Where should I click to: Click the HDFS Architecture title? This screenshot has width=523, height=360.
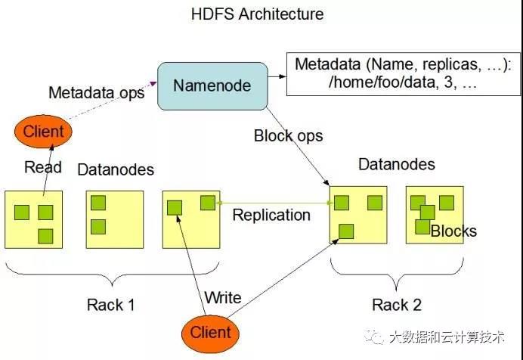(257, 14)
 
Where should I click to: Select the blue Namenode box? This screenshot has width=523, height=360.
(212, 86)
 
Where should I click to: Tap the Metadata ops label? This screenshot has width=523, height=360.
(97, 92)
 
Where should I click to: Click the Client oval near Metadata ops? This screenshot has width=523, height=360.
(43, 131)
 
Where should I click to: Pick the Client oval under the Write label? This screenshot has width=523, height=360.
(210, 333)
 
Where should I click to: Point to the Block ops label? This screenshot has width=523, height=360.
(289, 136)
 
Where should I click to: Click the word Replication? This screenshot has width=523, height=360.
(271, 216)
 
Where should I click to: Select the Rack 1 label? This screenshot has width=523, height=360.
(111, 305)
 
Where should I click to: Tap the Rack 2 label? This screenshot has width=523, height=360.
(397, 305)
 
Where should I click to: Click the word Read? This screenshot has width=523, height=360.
(43, 167)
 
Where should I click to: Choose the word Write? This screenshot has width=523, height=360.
(223, 297)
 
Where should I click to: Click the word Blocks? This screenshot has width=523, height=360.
(453, 231)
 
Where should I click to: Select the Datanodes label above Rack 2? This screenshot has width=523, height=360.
(397, 164)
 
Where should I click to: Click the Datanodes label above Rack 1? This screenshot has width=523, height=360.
(116, 169)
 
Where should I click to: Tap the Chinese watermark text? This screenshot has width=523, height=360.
(447, 337)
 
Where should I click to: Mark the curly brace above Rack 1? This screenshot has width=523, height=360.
(112, 275)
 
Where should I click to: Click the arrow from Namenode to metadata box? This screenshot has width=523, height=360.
(277, 76)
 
